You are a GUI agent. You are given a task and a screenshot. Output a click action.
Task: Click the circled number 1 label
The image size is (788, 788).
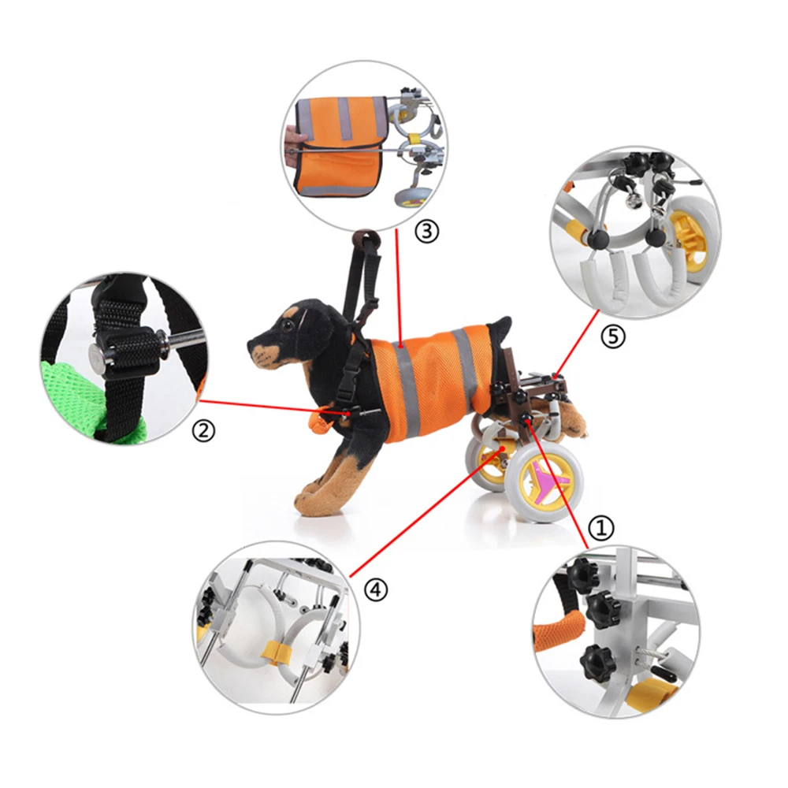point(601,526)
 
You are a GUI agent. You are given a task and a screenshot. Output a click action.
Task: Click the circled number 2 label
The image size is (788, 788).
point(203,430)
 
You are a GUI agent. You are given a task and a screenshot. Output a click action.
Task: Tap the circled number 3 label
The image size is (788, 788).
point(426,232)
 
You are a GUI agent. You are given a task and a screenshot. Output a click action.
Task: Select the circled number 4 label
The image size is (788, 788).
point(377,589)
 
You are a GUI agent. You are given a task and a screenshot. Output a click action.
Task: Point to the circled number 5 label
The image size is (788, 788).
point(612,338)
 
